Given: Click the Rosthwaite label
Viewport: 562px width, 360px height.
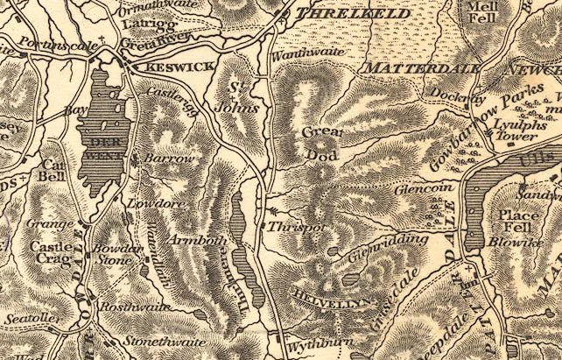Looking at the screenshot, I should (x=130, y=307).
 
